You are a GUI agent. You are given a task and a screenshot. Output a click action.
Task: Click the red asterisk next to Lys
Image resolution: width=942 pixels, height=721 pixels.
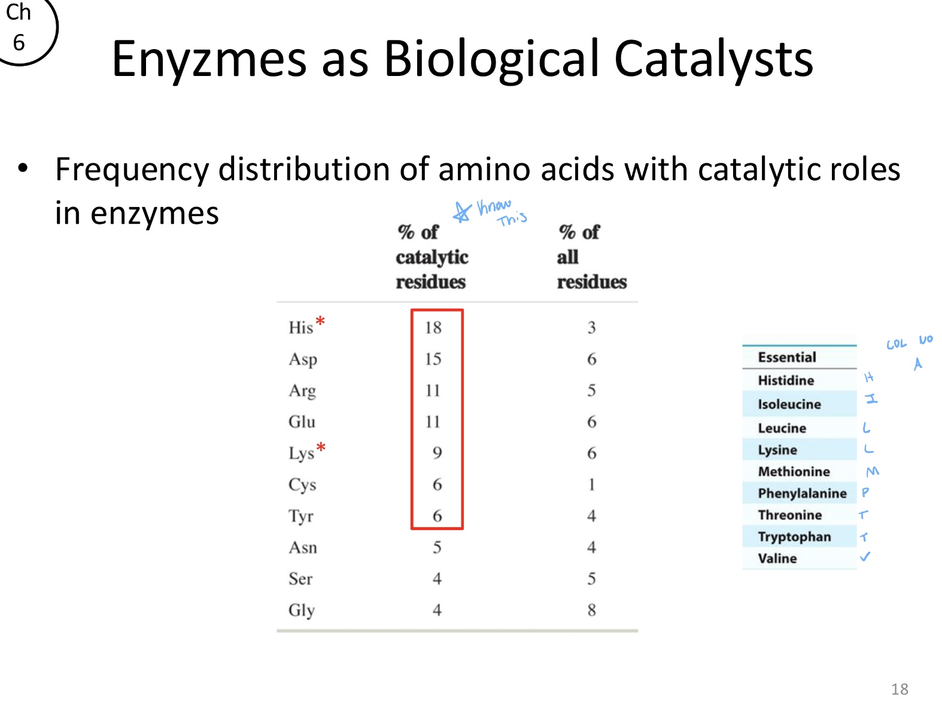click(x=321, y=447)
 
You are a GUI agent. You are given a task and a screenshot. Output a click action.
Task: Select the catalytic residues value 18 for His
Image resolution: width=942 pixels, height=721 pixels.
click(x=433, y=327)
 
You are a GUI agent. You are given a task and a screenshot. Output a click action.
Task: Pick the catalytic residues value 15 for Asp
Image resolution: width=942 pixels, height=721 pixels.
click(x=433, y=359)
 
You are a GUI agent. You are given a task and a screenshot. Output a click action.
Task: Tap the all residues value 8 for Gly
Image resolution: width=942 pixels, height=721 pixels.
click(x=591, y=610)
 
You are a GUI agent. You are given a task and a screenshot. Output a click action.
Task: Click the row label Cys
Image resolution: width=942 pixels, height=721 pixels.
click(x=302, y=485)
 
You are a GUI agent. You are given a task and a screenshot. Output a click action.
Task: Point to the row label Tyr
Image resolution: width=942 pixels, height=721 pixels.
click(x=300, y=516)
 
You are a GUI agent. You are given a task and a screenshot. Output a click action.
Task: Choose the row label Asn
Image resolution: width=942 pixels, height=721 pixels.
click(x=302, y=547)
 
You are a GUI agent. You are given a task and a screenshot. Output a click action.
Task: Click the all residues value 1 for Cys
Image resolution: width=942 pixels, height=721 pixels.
click(x=591, y=484)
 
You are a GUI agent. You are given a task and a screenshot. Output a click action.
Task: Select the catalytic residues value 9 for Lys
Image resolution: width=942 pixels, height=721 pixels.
click(x=437, y=453)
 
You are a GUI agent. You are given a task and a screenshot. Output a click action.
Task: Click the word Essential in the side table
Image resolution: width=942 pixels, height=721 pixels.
click(x=786, y=357)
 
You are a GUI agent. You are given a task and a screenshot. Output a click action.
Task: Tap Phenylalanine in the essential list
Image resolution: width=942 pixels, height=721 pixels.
click(x=801, y=493)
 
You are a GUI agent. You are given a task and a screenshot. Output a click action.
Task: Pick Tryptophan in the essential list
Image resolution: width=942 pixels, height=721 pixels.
click(x=794, y=537)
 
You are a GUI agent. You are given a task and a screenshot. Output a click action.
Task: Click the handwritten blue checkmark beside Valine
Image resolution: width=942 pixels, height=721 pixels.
click(x=865, y=557)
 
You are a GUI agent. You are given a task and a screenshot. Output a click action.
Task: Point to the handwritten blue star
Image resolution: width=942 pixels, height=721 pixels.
click(x=461, y=212)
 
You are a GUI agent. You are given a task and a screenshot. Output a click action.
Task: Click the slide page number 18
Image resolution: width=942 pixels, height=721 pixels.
click(x=899, y=689)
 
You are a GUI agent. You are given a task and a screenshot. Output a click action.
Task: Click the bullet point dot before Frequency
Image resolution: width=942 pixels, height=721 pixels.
click(x=23, y=168)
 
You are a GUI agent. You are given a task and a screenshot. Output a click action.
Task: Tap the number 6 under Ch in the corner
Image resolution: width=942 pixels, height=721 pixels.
click(x=19, y=42)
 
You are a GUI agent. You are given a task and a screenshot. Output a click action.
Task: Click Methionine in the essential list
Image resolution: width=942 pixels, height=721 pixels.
click(x=793, y=471)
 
